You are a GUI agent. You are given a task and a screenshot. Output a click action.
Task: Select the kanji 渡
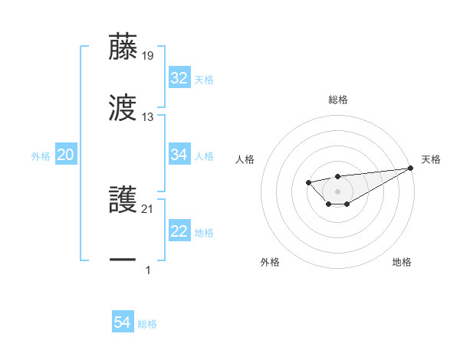point(123,108)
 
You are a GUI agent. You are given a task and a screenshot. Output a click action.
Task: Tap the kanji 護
point(123,201)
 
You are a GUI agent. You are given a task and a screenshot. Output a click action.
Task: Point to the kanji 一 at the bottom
point(123,261)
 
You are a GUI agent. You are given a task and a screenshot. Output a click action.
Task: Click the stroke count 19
point(148,55)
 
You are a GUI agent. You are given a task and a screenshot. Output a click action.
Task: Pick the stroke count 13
point(148,117)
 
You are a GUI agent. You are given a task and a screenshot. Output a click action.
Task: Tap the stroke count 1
point(148,270)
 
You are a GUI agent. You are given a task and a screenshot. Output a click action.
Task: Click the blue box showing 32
point(179,78)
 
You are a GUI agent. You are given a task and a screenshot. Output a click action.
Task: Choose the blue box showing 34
point(179,155)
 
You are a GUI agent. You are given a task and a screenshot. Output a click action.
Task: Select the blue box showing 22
point(179,232)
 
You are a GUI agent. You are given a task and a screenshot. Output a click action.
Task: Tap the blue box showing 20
point(66,155)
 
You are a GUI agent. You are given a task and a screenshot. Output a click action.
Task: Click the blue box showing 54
point(123,323)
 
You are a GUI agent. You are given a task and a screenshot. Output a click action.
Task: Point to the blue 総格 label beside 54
point(147,324)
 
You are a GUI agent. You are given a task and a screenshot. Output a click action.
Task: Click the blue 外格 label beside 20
point(41,156)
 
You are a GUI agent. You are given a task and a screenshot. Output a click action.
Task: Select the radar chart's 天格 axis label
point(431,159)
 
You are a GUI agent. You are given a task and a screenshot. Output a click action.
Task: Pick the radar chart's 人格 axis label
point(245,159)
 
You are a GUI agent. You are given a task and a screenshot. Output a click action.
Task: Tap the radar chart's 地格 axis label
point(402,262)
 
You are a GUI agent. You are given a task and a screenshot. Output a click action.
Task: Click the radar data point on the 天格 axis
point(410,169)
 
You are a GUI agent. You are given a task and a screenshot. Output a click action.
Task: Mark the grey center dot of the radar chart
point(337,191)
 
